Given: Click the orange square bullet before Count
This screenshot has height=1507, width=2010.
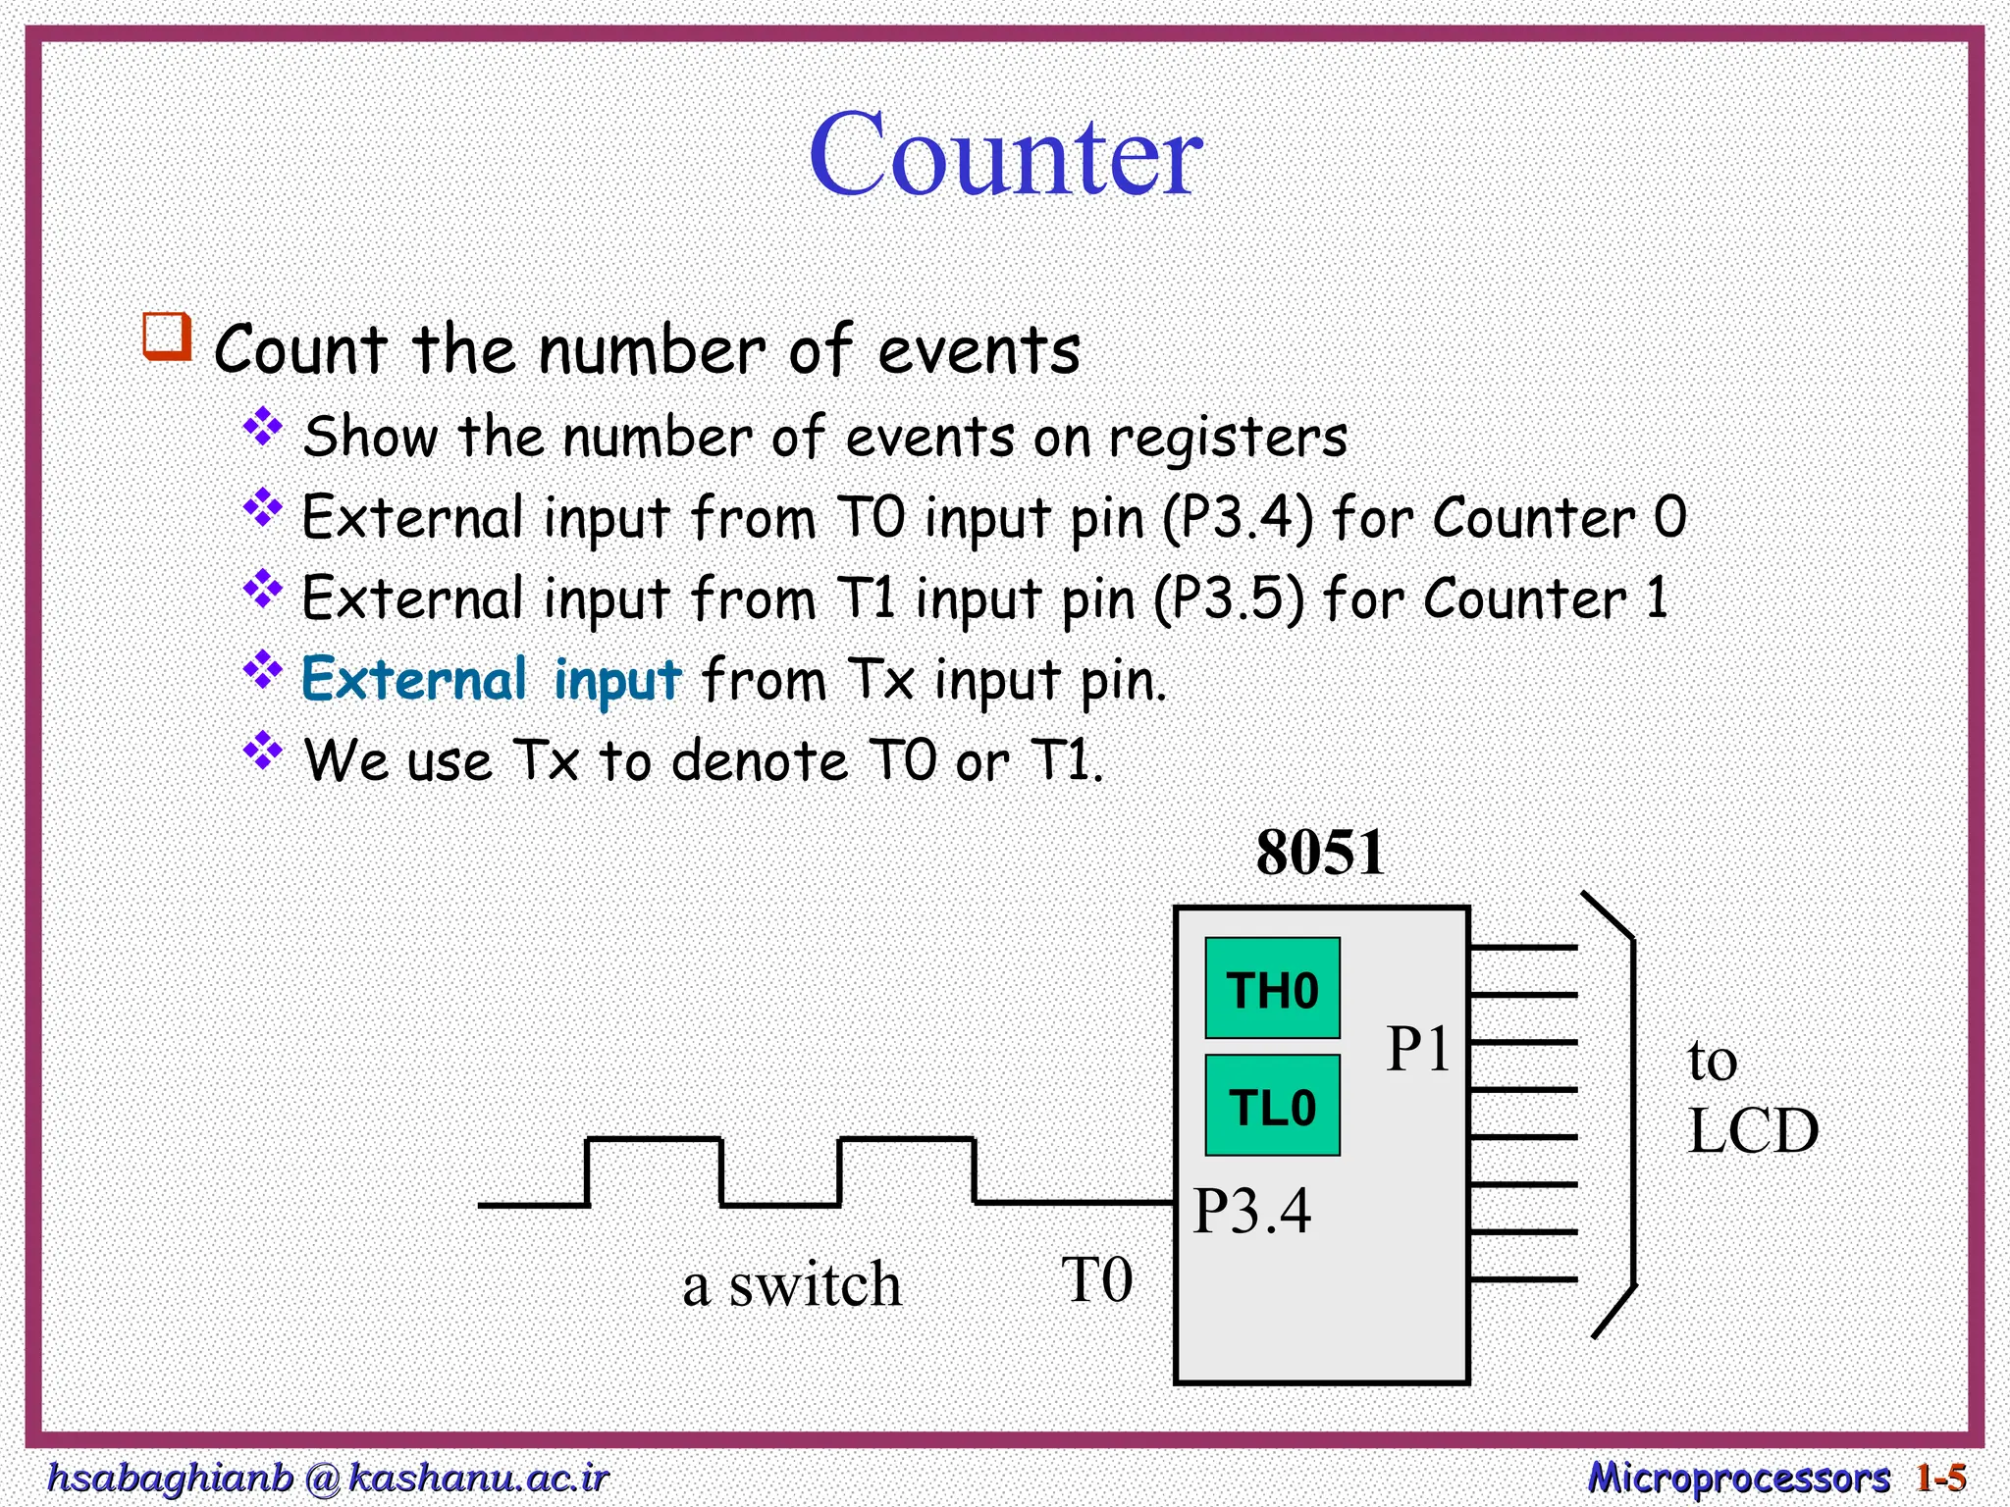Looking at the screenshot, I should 167,338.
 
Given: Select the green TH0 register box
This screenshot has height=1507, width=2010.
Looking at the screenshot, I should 1272,989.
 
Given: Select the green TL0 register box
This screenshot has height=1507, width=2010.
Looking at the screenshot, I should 1272,1107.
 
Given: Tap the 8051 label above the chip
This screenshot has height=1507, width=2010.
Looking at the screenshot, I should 1320,853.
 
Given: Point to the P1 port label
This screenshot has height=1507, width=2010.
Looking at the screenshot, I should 1417,1050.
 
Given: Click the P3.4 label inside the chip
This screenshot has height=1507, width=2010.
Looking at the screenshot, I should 1251,1211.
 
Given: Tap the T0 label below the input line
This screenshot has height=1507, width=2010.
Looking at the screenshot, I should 1097,1280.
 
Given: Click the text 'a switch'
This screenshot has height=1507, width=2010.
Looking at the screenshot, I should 791,1285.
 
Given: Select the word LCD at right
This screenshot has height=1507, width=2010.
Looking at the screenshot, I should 1753,1131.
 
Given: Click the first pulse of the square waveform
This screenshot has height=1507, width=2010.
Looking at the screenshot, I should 654,1141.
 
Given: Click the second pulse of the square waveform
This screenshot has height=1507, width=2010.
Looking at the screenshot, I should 907,1141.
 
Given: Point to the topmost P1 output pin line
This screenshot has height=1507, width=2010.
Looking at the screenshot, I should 1523,948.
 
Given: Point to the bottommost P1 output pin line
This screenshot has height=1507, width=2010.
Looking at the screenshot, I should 1523,1279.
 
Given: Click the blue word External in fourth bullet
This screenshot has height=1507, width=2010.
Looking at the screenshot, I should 414,679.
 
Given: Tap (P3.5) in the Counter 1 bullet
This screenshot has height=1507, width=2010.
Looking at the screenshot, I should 1229,598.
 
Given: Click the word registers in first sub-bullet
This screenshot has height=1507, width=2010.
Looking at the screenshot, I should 1228,438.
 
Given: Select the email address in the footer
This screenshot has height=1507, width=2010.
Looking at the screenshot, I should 328,1478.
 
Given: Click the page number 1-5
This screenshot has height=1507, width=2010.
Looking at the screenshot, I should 1940,1478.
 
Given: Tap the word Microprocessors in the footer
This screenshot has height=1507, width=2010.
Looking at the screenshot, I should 1738,1478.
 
